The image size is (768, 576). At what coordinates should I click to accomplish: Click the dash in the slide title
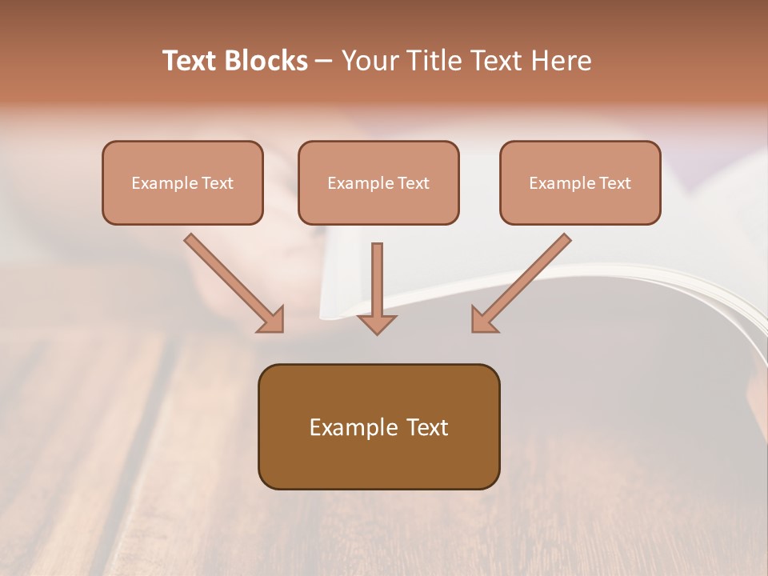324,62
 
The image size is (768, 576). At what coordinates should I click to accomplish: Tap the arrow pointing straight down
377,284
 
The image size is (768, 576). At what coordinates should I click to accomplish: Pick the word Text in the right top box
615,183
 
